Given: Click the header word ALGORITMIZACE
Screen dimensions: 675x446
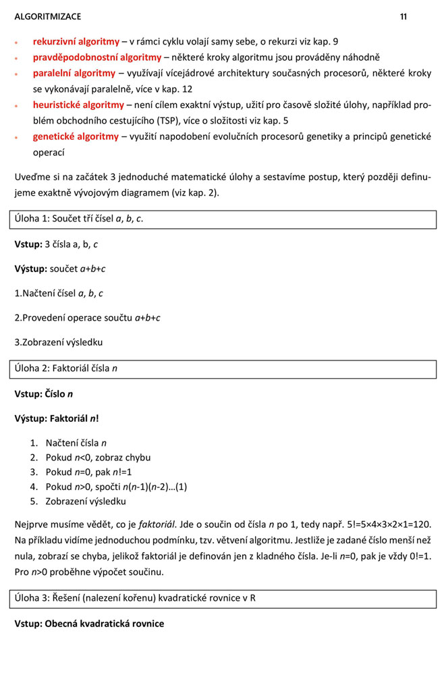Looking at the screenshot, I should coord(47,17).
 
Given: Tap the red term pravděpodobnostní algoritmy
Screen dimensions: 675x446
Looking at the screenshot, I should coord(97,57).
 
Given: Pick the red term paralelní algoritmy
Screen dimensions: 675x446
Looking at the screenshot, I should coord(74,73).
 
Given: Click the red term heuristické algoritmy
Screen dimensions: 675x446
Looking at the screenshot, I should coord(78,105).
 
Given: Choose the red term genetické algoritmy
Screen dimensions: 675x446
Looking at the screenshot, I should coord(76,136).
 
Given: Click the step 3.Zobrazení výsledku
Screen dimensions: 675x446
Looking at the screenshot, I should coord(59,342).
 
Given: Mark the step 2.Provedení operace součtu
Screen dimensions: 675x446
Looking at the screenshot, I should coord(87,318).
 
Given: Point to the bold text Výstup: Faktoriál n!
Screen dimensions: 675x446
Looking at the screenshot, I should coord(57,418).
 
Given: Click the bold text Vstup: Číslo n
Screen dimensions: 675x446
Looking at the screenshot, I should coord(44,394).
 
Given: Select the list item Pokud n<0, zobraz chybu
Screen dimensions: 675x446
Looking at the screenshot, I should coord(98,458).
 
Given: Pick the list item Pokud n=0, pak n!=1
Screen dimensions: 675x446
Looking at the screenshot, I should coord(88,473).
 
